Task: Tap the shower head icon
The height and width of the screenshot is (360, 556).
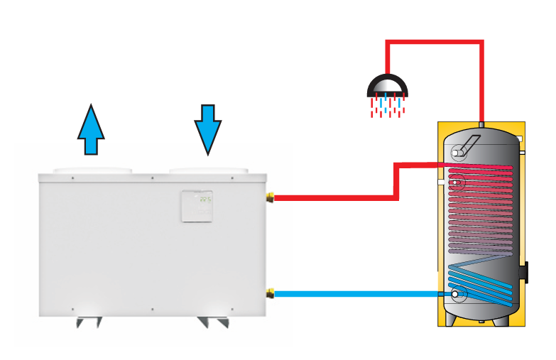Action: (387, 87)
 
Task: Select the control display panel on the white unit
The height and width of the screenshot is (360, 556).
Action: (197, 206)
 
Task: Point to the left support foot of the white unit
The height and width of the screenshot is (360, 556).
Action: (89, 321)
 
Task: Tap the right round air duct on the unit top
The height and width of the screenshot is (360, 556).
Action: (209, 171)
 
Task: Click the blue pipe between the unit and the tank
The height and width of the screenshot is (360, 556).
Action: (355, 293)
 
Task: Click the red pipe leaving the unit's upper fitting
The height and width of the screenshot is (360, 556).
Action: (334, 198)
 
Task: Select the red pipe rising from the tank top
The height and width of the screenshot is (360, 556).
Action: (482, 85)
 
